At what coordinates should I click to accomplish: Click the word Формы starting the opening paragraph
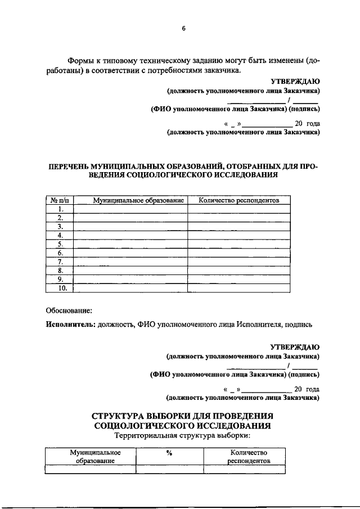[x=80, y=60]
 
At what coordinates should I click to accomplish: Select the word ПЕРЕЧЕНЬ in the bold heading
[x=71, y=166]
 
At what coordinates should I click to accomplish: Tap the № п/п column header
[x=60, y=200]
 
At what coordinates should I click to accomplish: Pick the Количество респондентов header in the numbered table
[x=239, y=200]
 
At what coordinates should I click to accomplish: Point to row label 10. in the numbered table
[x=61, y=288]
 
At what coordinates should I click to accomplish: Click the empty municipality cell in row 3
[x=130, y=227]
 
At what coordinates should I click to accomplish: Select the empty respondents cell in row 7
[x=239, y=262]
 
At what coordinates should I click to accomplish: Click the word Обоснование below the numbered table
[x=68, y=310]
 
